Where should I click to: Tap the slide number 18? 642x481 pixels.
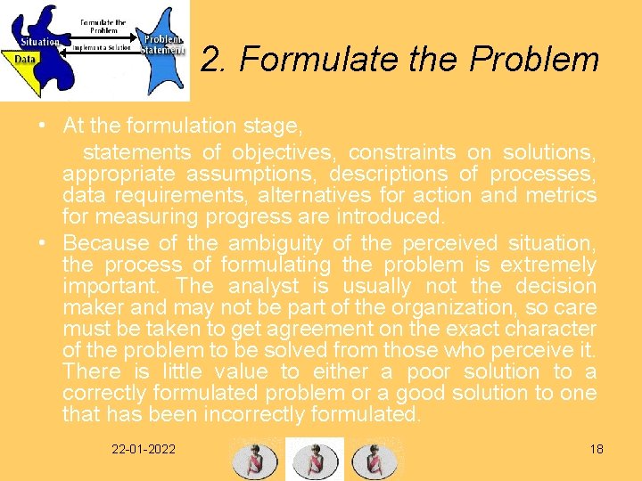597,448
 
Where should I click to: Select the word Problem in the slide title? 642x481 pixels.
535,60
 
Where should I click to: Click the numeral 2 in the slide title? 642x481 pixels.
210,60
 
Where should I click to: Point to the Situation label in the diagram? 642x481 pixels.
40,41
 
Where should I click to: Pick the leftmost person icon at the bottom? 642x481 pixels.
254,460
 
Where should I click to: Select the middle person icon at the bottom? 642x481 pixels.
314,460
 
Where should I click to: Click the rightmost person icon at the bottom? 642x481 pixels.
374,460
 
